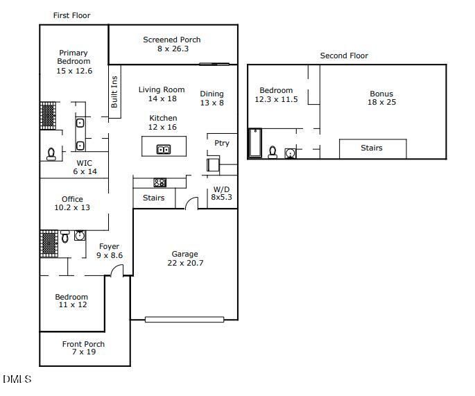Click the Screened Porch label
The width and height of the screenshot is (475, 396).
[172, 44]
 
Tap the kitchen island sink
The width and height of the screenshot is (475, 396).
[164, 149]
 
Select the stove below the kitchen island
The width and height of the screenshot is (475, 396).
[159, 182]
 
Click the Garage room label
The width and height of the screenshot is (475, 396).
[185, 259]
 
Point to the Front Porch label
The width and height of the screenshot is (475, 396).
[83, 348]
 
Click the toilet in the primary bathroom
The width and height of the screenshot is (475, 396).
[51, 154]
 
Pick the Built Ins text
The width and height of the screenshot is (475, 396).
[114, 90]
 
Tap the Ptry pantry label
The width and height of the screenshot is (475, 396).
[221, 144]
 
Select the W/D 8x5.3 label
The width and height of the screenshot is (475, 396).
[221, 193]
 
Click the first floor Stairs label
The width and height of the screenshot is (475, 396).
[153, 198]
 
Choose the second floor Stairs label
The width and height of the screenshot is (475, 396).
[372, 148]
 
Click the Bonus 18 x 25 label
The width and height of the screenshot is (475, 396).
[381, 98]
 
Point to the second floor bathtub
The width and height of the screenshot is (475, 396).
[254, 144]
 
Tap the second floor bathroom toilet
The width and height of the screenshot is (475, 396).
[273, 152]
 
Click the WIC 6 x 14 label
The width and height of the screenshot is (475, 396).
[85, 167]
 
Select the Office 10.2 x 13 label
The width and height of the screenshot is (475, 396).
[72, 203]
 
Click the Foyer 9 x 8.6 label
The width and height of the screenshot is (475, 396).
[109, 251]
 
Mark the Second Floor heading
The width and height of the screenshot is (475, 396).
[344, 55]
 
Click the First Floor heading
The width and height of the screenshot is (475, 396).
[71, 15]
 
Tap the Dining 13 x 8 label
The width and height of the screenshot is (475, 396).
[212, 98]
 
